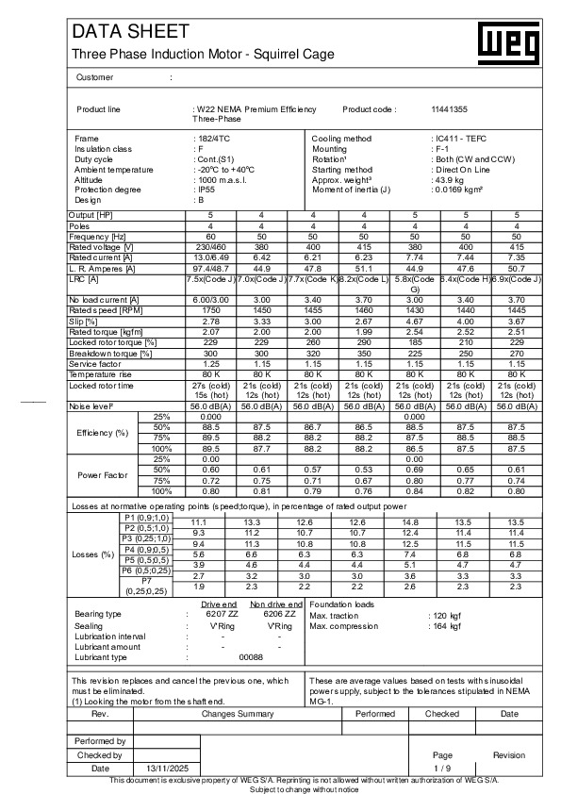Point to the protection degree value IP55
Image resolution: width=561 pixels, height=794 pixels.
204,190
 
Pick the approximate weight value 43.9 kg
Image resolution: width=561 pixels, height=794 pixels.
452,179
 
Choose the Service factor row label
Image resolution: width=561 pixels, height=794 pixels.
96,363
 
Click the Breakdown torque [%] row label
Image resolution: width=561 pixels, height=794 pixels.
110,354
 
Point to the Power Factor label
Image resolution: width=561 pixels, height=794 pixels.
103,474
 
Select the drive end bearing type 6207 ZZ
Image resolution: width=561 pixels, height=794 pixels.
223,614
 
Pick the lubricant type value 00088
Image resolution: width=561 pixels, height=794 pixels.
251,656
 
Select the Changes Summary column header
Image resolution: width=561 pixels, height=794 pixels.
237,714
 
